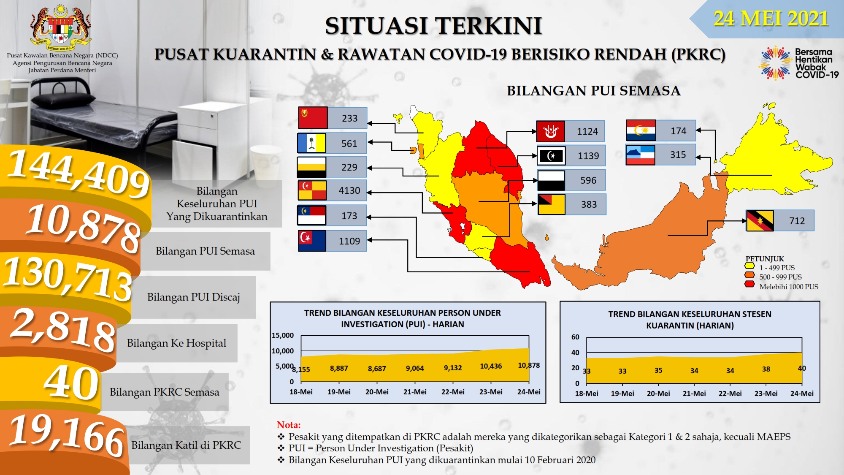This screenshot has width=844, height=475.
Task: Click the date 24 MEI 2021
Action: (x=771, y=19)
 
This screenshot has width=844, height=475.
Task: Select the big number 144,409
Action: (x=78, y=173)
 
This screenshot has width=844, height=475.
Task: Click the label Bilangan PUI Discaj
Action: (x=193, y=297)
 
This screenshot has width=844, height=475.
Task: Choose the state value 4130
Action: (x=349, y=190)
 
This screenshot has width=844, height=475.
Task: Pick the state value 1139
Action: (x=588, y=156)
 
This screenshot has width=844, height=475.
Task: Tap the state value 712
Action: (x=797, y=221)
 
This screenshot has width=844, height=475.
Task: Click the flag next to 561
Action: (x=311, y=143)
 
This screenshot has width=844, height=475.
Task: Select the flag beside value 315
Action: (x=640, y=155)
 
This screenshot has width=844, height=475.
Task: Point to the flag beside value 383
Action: (x=551, y=204)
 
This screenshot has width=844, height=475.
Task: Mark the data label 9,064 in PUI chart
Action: (x=415, y=368)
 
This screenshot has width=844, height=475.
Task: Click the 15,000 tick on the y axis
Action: (x=283, y=335)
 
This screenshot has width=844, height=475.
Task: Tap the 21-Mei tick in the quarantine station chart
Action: (x=694, y=394)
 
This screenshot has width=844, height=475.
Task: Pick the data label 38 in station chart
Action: (x=766, y=369)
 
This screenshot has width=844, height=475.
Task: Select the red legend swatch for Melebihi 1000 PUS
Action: (x=749, y=284)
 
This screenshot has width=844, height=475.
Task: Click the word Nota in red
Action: (x=289, y=425)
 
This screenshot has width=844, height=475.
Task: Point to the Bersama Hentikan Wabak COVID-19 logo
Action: (x=799, y=63)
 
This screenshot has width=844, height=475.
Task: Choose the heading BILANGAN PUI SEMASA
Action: (x=593, y=91)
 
